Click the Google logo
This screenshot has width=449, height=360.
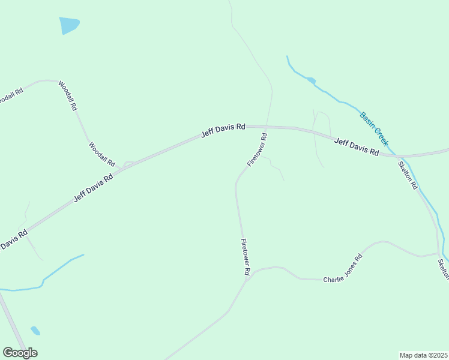tap(20, 353)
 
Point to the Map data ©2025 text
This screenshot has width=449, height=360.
tap(423, 355)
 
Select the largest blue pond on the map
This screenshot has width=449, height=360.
tap(68, 25)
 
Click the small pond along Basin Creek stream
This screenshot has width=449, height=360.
tap(311, 80)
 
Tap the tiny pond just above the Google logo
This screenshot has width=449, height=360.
tap(35, 331)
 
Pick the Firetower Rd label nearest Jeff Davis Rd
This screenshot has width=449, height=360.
tap(257, 150)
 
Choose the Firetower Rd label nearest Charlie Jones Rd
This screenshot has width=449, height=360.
tap(245, 257)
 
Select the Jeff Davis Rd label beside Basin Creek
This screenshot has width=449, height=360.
tap(357, 147)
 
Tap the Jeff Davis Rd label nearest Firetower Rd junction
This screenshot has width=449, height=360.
tap(223, 130)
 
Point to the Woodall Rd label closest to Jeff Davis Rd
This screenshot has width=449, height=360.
tap(101, 154)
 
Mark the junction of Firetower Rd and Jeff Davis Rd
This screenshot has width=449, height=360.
tap(268, 127)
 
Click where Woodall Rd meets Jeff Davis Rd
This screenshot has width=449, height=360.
tap(124, 167)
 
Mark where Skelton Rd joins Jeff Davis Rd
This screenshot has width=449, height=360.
tap(396, 156)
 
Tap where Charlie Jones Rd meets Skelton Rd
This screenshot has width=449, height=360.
tap(438, 254)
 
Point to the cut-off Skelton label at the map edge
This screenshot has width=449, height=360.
tap(444, 269)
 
